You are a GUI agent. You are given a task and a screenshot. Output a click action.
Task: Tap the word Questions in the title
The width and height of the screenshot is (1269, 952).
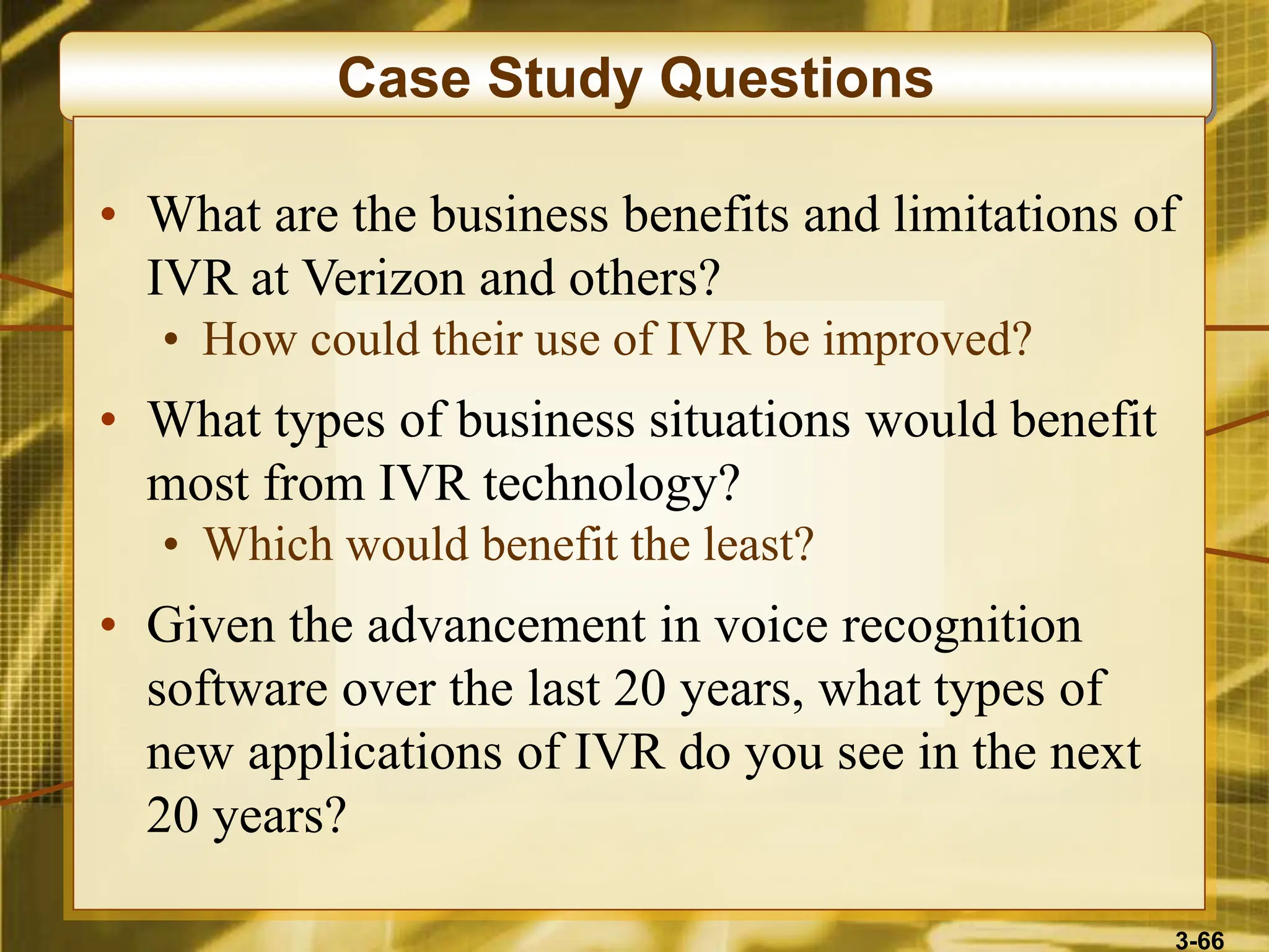pos(796,79)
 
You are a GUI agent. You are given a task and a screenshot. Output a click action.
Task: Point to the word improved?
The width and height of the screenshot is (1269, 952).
pos(927,341)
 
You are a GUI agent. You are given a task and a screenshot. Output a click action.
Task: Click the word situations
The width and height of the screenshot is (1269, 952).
pos(749,420)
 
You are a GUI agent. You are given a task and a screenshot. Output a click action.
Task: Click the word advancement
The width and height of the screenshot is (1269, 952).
pos(506,626)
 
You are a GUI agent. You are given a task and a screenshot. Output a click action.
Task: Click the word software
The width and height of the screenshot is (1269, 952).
pos(237,689)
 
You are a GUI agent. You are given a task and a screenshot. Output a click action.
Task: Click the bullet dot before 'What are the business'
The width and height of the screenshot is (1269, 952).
pos(108,214)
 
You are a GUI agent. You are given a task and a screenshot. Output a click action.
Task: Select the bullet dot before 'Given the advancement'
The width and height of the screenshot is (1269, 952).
pos(108,625)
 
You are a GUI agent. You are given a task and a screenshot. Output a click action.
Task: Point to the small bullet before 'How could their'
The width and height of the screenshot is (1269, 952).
pos(172,340)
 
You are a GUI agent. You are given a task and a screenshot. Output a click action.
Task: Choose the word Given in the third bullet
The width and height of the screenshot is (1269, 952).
pos(210,626)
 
